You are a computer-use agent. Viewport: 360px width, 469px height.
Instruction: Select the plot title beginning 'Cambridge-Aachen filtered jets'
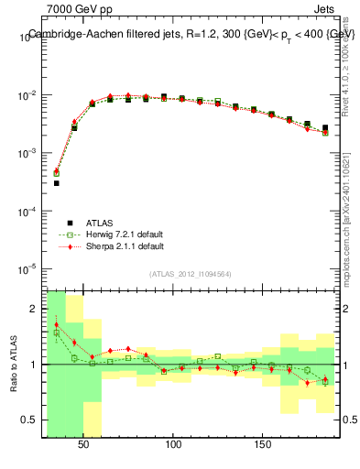[x=191, y=34]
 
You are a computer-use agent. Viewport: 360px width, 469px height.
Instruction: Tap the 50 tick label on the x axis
[x=83, y=444]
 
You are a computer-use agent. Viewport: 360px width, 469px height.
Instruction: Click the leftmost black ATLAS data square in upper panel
[x=56, y=183]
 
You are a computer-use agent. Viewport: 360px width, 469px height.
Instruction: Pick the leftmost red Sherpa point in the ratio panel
[x=56, y=324]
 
